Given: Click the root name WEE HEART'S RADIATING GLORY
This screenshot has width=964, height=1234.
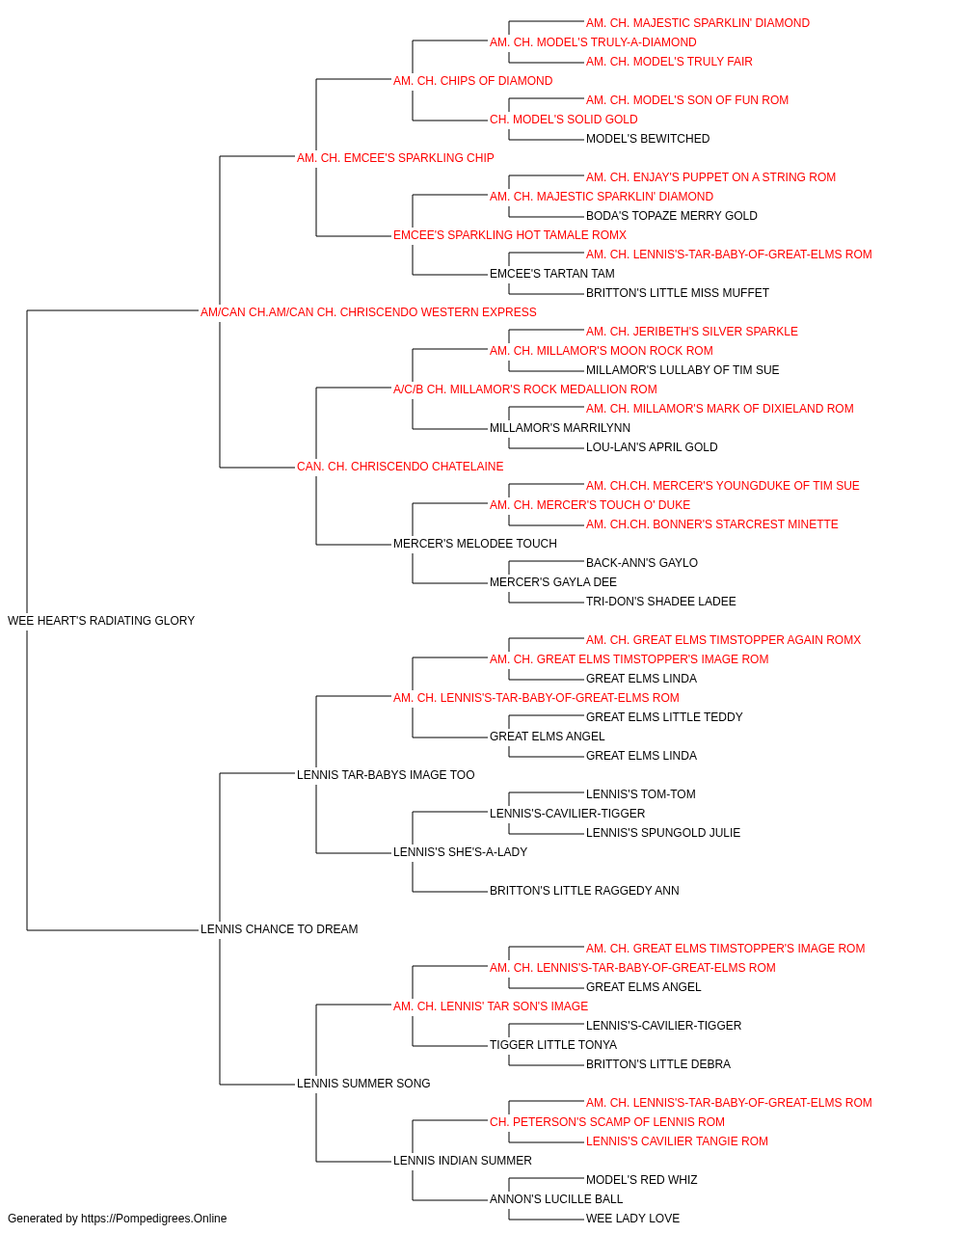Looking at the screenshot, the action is [x=101, y=621].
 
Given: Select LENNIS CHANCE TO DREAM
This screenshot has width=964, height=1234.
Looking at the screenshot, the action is [x=279, y=929].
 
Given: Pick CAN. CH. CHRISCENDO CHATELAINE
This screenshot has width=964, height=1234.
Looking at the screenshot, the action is [x=400, y=467].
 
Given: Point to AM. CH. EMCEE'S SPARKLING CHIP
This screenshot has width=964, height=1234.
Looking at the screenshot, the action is [x=395, y=158].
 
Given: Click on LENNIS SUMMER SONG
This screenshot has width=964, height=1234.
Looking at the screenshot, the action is [x=363, y=1084].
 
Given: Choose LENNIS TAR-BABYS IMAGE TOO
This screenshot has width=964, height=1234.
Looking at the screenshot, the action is [x=386, y=774].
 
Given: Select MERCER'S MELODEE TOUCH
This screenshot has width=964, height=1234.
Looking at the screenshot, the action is [x=474, y=544].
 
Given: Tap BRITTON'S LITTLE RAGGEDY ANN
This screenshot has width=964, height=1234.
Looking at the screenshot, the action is [x=584, y=891].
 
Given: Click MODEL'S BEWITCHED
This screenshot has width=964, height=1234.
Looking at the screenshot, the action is [x=648, y=139].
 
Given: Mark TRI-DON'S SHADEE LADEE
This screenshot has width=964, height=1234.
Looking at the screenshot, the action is [x=661, y=602].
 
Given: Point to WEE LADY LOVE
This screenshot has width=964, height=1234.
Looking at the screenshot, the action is [x=632, y=1219].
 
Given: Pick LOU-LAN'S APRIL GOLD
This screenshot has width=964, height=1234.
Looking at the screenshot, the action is [x=652, y=447].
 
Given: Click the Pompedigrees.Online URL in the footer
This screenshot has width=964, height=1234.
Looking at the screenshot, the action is [x=154, y=1219].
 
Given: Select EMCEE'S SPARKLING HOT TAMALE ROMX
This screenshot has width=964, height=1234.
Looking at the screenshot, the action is [x=510, y=235].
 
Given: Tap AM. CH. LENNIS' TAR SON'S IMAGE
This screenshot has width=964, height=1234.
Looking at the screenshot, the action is [x=491, y=1006].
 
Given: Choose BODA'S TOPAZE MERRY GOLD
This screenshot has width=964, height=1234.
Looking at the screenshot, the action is [x=672, y=216].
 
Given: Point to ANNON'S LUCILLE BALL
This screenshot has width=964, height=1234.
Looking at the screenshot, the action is [x=556, y=1198].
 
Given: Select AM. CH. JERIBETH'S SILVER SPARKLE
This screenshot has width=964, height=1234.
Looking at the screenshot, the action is [x=692, y=332].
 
